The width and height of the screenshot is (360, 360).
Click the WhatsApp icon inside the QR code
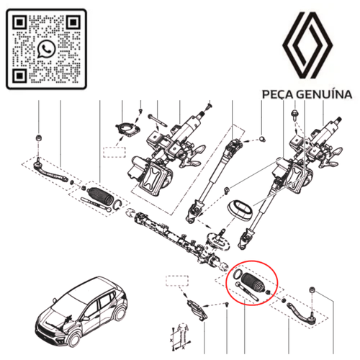click(x=46, y=49)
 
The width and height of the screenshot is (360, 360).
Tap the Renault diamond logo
click(x=307, y=45)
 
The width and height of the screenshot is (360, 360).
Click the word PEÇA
click(x=277, y=94)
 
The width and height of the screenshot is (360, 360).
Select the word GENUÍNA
click(x=324, y=94)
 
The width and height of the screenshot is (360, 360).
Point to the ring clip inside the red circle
click(x=238, y=274)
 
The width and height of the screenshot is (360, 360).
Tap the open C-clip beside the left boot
click(x=118, y=204)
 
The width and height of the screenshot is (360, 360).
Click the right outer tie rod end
click(x=302, y=312)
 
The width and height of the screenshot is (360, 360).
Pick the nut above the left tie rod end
click(x=38, y=138)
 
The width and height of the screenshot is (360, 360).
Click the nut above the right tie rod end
click(x=312, y=290)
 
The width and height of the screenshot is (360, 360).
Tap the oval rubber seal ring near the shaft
click(x=240, y=210)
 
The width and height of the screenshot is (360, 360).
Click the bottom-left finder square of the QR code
click(x=20, y=75)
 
